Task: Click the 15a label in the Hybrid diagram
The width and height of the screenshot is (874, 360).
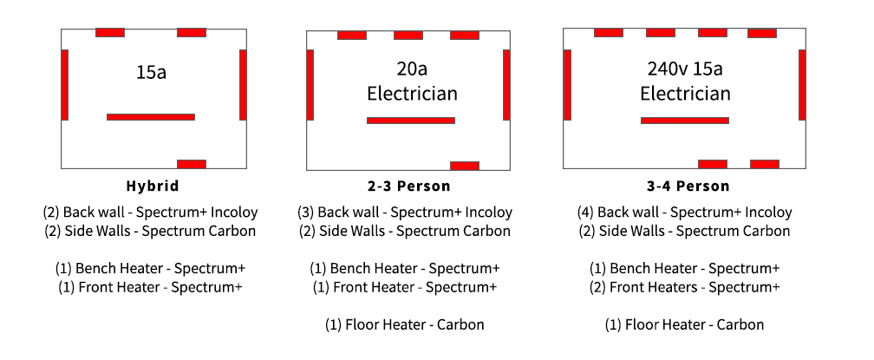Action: [x=151, y=72]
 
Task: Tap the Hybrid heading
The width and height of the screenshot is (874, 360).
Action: [x=151, y=186]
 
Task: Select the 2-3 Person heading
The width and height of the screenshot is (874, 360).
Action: [x=408, y=186]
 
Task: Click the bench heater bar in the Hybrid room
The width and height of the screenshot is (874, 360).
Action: [x=151, y=116]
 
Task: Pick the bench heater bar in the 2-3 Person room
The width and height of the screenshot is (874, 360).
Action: [x=410, y=121]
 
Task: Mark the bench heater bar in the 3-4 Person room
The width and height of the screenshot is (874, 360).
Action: [x=685, y=120]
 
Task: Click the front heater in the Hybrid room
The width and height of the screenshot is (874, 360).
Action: [x=192, y=163]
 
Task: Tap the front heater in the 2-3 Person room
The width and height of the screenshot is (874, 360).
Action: [x=464, y=165]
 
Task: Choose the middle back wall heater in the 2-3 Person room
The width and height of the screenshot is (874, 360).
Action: [x=408, y=36]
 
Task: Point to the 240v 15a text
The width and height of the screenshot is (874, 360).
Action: [x=685, y=68]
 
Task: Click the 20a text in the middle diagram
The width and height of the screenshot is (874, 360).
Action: [x=412, y=69]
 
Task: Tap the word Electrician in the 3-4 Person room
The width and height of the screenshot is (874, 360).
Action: [x=685, y=93]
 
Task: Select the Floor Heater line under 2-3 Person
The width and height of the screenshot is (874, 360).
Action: [x=405, y=324]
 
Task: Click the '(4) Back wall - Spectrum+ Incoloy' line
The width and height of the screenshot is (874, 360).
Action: [x=684, y=212]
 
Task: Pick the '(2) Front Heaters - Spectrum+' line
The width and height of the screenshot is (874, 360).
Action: [x=684, y=287]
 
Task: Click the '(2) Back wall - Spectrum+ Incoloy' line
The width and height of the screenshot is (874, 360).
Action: [x=151, y=212]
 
